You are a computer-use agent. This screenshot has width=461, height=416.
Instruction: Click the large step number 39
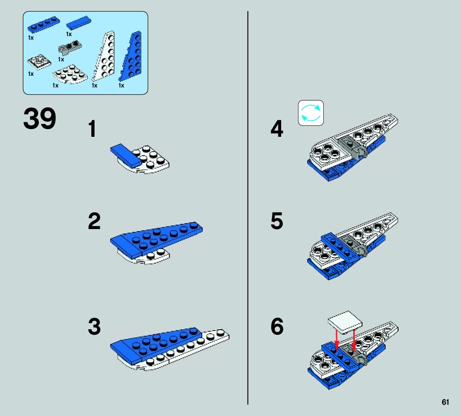pos(39,118)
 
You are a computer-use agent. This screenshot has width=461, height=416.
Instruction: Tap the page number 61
pos(445,402)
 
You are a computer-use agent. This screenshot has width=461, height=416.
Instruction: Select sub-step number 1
pos(93,129)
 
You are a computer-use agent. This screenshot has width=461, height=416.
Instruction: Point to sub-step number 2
pos(94,221)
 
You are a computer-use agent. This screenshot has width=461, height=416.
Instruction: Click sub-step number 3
pos(95,327)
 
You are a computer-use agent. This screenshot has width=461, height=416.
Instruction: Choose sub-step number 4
pos(277,129)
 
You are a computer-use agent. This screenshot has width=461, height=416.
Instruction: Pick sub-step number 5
pos(277,221)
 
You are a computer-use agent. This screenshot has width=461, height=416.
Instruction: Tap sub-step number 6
pos(277,327)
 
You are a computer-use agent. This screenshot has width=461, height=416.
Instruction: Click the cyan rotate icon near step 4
pos(311,113)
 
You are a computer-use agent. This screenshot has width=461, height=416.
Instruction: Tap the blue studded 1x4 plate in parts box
pos(44,24)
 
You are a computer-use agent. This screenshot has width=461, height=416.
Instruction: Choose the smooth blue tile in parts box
pos(79,23)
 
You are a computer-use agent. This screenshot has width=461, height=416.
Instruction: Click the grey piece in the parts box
pos(70,47)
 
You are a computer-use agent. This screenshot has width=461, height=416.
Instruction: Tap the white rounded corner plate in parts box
pos(70,74)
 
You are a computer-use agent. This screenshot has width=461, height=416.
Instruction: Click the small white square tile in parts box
pos(39,62)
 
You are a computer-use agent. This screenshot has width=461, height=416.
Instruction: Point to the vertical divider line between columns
pos(248,208)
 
